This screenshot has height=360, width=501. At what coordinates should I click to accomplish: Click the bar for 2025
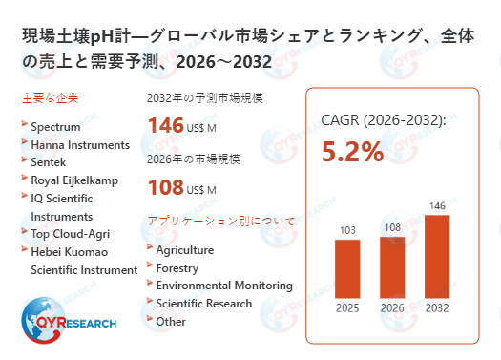pos(347,268)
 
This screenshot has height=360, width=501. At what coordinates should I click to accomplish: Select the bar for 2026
pos(392,266)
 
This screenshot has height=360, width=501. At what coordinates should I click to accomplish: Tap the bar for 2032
pos(437,256)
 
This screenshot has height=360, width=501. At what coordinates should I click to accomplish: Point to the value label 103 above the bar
pos(347,230)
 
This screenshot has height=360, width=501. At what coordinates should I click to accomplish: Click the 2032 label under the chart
pos(437,307)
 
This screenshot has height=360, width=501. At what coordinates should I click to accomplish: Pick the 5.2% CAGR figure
pos(352,152)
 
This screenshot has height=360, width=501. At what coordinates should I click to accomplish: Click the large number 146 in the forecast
pos(165,124)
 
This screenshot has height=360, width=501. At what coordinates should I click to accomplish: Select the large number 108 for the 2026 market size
pos(165,186)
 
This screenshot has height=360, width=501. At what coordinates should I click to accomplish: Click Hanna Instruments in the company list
pos(80,145)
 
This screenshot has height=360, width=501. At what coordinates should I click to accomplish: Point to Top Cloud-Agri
pos(73,233)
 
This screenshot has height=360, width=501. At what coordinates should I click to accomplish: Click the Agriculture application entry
pos(184,250)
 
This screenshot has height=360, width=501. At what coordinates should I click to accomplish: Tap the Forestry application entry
pos(177,268)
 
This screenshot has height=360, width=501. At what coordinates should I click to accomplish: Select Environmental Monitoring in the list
pos(224,286)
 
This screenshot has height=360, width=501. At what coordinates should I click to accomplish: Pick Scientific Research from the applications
pos(204,304)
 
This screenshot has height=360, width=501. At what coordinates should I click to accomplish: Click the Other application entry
pos(171,322)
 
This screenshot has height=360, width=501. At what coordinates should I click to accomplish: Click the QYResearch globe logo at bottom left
pos(42,320)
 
